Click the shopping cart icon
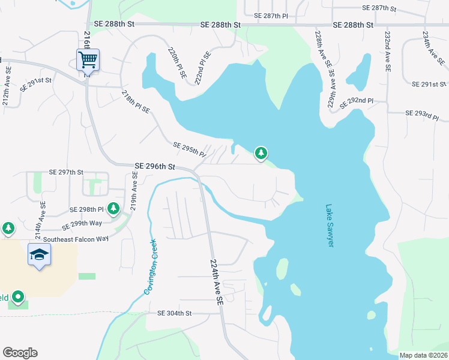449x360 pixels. pos(88,59)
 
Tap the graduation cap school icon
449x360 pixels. pos(39,255)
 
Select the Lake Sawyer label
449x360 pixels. pos(330,226)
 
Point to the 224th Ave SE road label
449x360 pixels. pos(217,281)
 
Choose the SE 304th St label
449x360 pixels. pos(174,313)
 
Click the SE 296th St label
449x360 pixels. pos(155,166)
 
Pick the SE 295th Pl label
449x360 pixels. pos(189,149)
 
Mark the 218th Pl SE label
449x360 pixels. pos(135,102)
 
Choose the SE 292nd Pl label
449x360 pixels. pos(356,103)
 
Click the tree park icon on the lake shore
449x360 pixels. pos(261,154)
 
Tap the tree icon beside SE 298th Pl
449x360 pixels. pos(113,208)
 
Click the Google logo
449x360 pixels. pos(20,353)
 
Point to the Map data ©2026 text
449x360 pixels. pos(423,355)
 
